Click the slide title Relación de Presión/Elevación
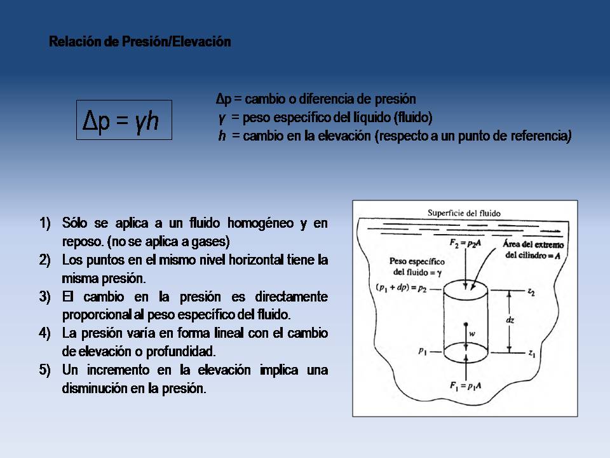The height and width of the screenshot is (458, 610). pos(140,41)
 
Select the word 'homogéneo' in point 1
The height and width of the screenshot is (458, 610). pos(261,223)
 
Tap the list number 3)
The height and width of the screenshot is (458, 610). pos(44,297)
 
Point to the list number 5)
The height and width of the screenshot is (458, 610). pos(44,370)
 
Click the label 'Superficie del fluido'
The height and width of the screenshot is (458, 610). pos(464,213)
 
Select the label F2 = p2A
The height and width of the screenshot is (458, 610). pos(465,244)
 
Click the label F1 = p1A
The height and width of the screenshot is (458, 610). pos(465,386)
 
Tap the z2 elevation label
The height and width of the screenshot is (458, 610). pos(531,292)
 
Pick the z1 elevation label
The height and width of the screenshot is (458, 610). pos(532,354)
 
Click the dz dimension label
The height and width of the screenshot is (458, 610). pos(510,320)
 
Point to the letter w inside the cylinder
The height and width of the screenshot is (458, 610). pos(472,333)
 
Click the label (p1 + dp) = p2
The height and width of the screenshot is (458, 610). pos(401,288)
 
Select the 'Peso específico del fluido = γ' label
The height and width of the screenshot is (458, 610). pos(417,267)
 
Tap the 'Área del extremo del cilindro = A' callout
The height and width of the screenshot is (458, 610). pos(533,249)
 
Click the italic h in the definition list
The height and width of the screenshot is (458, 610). pos(222,135)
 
